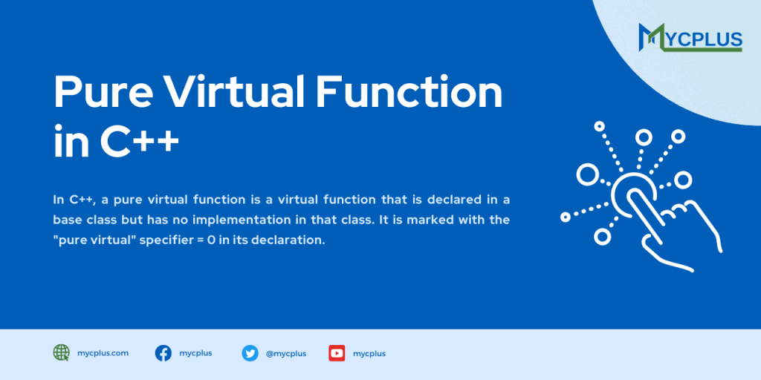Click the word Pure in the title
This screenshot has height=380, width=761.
pos(100,93)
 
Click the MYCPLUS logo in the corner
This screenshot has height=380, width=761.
pos(690,38)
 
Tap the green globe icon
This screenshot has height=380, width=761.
pos(61,353)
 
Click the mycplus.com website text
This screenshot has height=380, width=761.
pos(103,353)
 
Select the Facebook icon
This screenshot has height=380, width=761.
pos(163,353)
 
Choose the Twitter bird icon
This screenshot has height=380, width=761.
pos(250,353)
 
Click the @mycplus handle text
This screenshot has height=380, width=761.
pos(285,353)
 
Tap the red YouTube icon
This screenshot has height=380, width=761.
pos(337,353)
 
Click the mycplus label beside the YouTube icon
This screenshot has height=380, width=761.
pos(369,353)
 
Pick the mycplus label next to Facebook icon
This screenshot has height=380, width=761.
pos(195,353)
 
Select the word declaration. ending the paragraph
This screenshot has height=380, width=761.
pos(289,241)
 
